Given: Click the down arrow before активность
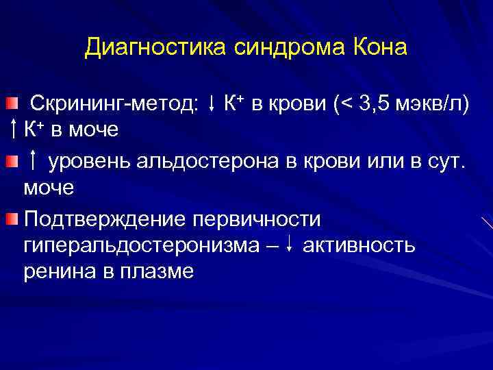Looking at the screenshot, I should pyautogui.click(x=292, y=245).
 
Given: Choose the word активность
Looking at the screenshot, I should pyautogui.click(x=358, y=245).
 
